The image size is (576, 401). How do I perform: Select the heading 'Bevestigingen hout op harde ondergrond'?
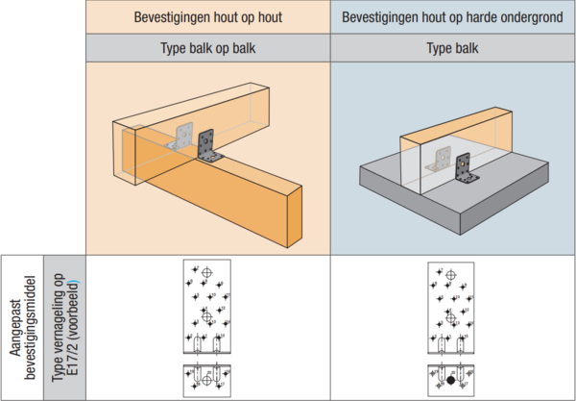[x=453, y=16]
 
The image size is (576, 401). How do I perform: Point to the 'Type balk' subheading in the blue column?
[x=453, y=47]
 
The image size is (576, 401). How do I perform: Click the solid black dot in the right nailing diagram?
[x=451, y=382]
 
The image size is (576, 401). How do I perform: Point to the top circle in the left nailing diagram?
[x=206, y=274]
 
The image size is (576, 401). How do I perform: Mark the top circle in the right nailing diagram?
[x=451, y=274]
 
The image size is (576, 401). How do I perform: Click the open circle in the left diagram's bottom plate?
[x=206, y=382]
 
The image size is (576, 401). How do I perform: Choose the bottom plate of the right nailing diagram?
[x=451, y=377]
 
